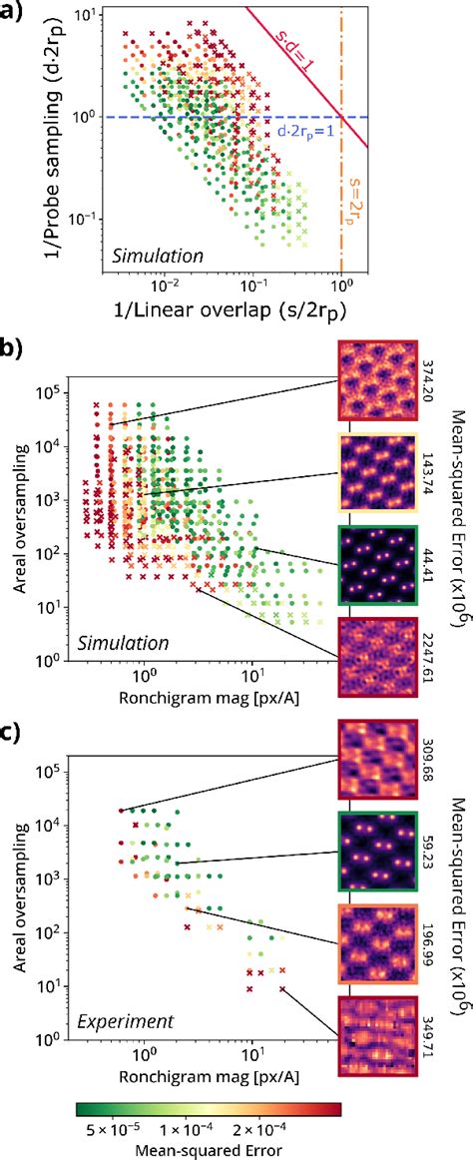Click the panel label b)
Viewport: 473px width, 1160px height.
(x=14, y=351)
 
